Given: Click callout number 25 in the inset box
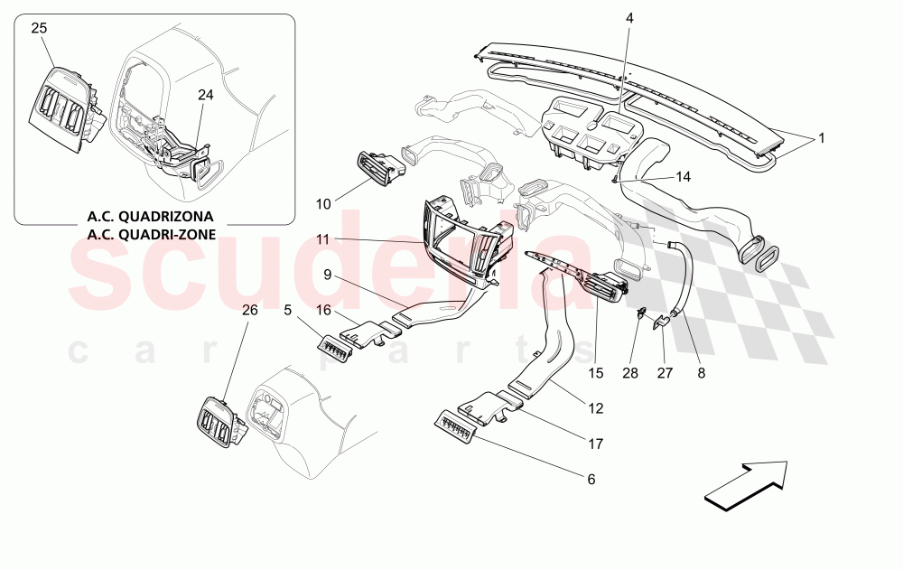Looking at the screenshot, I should click(x=39, y=28).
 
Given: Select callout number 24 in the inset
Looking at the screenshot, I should click(x=206, y=93).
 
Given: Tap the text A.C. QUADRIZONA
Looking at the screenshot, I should click(x=150, y=217).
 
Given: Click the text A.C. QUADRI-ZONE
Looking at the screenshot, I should click(x=150, y=235).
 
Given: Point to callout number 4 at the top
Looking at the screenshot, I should click(x=629, y=17).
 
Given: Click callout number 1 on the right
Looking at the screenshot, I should click(x=822, y=139).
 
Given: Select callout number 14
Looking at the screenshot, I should click(x=682, y=177).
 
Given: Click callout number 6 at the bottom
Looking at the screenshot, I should click(x=591, y=479).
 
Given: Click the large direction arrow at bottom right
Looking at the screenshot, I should click(x=746, y=481).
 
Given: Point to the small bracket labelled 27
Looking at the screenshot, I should click(x=661, y=322).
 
